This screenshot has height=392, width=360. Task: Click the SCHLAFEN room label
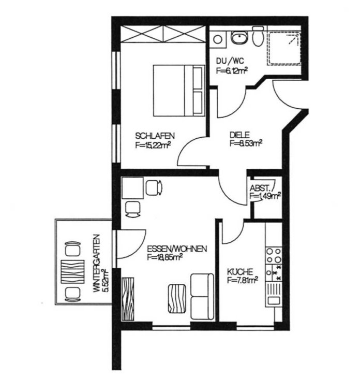point(155,136)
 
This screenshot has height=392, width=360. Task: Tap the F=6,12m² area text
point(232,71)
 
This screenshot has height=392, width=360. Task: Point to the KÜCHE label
point(240,272)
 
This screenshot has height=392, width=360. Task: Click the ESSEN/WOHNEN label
point(177,249)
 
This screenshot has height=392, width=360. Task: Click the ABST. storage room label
point(260,188)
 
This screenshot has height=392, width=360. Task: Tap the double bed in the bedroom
point(179,91)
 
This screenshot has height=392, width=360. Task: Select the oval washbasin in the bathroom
point(240,38)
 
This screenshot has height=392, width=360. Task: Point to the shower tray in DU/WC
point(284,49)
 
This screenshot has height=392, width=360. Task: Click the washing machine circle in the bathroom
point(218,39)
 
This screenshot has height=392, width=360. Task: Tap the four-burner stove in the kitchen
point(274,255)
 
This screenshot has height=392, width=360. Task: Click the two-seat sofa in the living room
point(202,297)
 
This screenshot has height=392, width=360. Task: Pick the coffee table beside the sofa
point(177,298)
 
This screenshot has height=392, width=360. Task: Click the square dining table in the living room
point(132,188)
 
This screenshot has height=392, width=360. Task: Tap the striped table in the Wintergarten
point(72,271)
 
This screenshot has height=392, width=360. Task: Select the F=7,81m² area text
point(243,280)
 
